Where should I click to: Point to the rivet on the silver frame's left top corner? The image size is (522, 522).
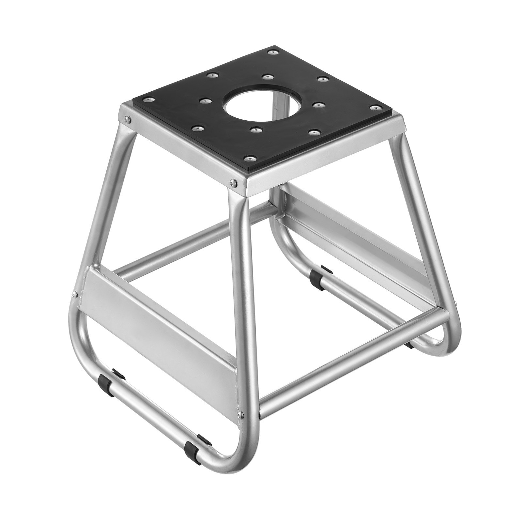(x=126, y=118)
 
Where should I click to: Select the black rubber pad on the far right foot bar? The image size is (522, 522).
(x=408, y=343)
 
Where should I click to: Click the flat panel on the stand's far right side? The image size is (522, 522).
(x=359, y=241)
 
